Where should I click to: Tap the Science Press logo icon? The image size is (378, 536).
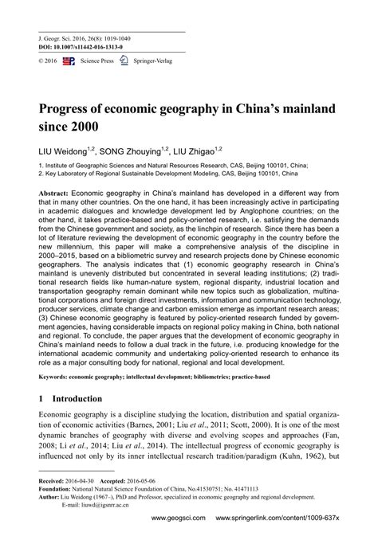[x=68, y=60]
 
